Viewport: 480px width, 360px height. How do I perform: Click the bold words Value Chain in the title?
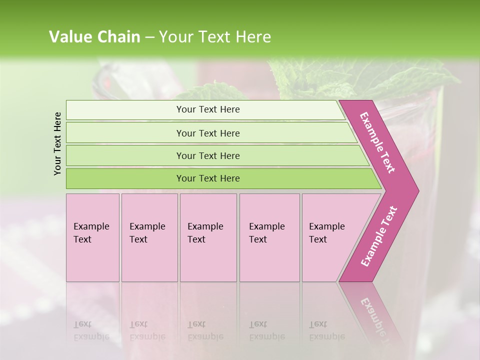tap(94, 37)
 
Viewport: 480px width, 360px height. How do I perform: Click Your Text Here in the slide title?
tap(215, 37)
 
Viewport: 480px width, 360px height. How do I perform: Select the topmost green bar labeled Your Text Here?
tap(207, 109)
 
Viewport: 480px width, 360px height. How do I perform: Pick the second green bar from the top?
tap(207, 133)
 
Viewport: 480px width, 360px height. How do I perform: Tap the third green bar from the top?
tap(207, 155)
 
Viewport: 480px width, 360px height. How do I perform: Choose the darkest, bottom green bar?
tap(207, 178)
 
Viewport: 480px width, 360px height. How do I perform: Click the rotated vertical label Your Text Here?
tap(57, 143)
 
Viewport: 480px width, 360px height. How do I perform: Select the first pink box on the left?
tap(92, 237)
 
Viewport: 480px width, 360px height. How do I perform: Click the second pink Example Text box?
tap(149, 237)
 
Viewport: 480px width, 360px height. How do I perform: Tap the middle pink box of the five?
tap(208, 237)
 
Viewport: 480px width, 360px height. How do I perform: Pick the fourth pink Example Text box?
tap(269, 237)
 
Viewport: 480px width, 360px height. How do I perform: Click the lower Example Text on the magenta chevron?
tap(379, 236)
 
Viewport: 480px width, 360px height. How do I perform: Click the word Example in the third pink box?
tap(205, 226)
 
